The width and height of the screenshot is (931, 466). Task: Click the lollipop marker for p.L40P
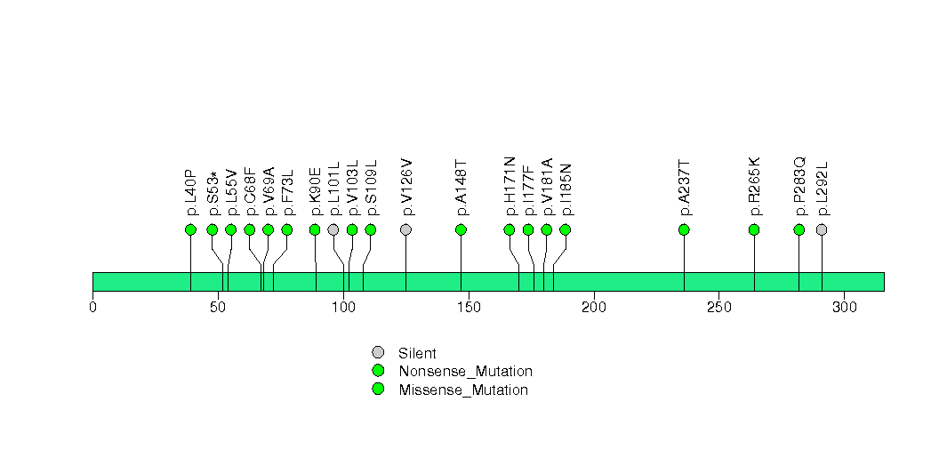190,229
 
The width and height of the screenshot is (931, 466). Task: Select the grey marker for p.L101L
333,229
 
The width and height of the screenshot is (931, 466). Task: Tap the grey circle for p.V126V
406,229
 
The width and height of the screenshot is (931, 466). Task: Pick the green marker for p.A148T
461,229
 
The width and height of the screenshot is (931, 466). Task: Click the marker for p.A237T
684,229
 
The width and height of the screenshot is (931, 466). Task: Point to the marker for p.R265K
754,229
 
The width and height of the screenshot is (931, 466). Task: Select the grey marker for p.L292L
822,229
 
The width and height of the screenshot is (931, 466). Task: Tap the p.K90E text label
315,191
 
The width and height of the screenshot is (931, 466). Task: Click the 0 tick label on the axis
92,308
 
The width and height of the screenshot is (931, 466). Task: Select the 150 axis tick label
469,308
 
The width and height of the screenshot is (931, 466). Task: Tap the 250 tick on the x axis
718,308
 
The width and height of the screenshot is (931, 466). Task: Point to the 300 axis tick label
844,308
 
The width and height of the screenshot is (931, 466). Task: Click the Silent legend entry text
417,354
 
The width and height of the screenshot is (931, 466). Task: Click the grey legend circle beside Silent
378,353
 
